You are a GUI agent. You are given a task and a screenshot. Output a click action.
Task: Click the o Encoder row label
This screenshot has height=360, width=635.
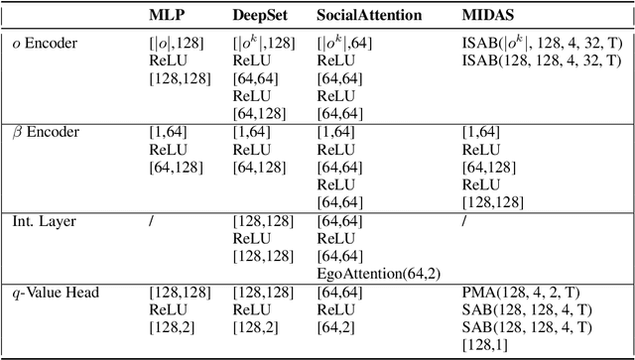click(x=45, y=43)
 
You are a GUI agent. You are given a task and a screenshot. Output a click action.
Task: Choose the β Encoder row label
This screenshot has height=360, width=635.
click(x=45, y=131)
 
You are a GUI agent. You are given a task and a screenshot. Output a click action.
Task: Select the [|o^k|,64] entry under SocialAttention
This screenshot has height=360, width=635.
click(x=345, y=43)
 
